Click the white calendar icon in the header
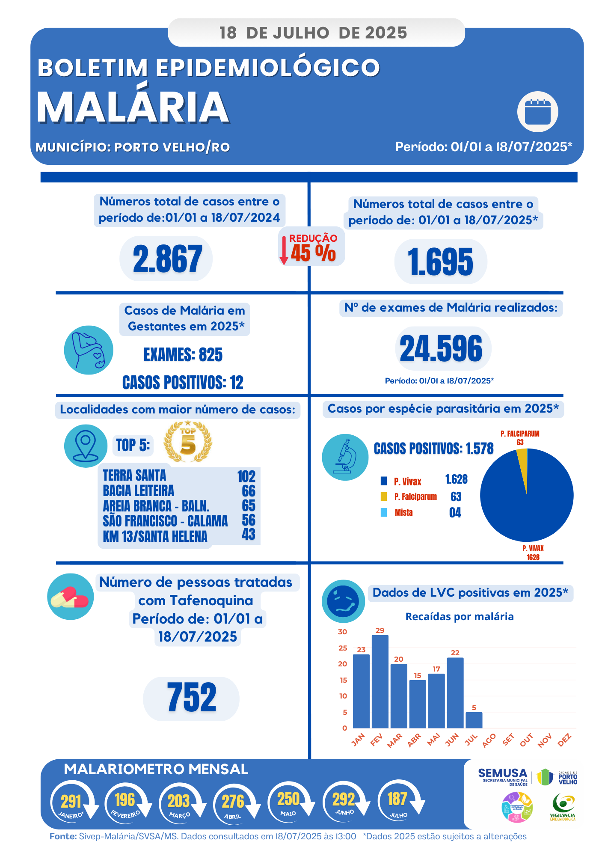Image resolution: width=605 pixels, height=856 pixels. pos(537,112)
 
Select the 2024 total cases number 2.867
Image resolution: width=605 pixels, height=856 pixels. pos(167,259)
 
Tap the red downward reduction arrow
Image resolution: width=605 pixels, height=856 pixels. pos(283,250)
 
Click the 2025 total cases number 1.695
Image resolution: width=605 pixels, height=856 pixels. pos(440,262)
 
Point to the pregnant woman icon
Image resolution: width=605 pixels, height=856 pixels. pos(89,350)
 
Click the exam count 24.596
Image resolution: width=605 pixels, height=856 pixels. pos(441,348)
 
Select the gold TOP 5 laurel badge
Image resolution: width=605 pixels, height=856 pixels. pos(188,442)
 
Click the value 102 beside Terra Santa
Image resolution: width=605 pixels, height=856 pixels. pos(246,476)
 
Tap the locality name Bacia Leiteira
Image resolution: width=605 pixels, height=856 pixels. pos(138,490)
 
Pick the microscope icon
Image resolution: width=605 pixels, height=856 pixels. pos(345,457)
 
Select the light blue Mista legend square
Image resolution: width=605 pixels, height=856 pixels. pos(384,512)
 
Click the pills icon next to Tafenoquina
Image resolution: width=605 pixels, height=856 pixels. pos(70,596)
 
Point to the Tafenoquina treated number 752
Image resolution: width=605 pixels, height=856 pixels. pos(191,698)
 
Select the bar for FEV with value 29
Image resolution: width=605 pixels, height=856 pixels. pos(380,681)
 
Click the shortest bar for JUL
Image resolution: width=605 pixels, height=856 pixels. pos(474,720)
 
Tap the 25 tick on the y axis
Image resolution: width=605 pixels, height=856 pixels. pos(343,648)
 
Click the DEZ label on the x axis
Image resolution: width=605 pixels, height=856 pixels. pos(564,740)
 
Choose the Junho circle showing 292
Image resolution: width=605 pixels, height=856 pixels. pos(344,800)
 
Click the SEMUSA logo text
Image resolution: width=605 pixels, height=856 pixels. pos(502,773)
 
